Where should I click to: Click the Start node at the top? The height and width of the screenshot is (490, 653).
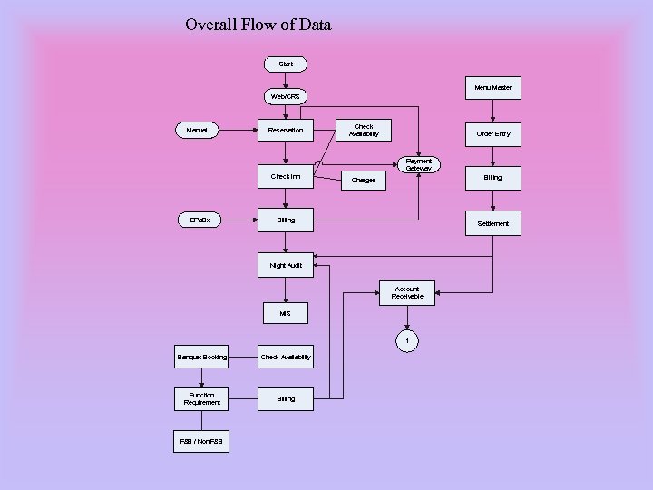pyautogui.click(x=286, y=64)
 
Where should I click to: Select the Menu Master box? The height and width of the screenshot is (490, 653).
pyautogui.click(x=492, y=88)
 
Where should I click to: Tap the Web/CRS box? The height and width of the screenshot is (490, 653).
pyautogui.click(x=286, y=96)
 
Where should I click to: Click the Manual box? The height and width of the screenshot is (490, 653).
pyautogui.click(x=197, y=131)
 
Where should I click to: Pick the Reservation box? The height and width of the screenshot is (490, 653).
pyautogui.click(x=286, y=131)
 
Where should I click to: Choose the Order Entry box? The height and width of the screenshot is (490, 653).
pyautogui.click(x=492, y=133)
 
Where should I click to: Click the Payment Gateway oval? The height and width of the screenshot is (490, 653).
pyautogui.click(x=419, y=164)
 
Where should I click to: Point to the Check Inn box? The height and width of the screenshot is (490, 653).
pyautogui.click(x=286, y=177)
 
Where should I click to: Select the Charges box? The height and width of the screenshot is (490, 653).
pyautogui.click(x=364, y=180)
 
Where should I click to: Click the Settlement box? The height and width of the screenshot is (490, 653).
pyautogui.click(x=492, y=223)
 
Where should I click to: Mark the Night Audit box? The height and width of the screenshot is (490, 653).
pyautogui.click(x=286, y=266)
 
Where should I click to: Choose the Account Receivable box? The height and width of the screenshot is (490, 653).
pyautogui.click(x=407, y=292)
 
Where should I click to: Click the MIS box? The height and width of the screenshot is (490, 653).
pyautogui.click(x=286, y=313)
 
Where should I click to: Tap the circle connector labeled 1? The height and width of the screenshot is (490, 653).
pyautogui.click(x=407, y=341)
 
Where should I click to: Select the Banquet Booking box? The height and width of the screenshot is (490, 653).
pyautogui.click(x=202, y=357)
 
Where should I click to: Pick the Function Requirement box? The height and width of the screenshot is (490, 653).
pyautogui.click(x=202, y=398)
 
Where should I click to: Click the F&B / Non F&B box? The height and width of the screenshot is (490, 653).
pyautogui.click(x=202, y=442)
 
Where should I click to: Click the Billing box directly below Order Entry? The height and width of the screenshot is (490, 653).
pyautogui.click(x=492, y=178)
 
